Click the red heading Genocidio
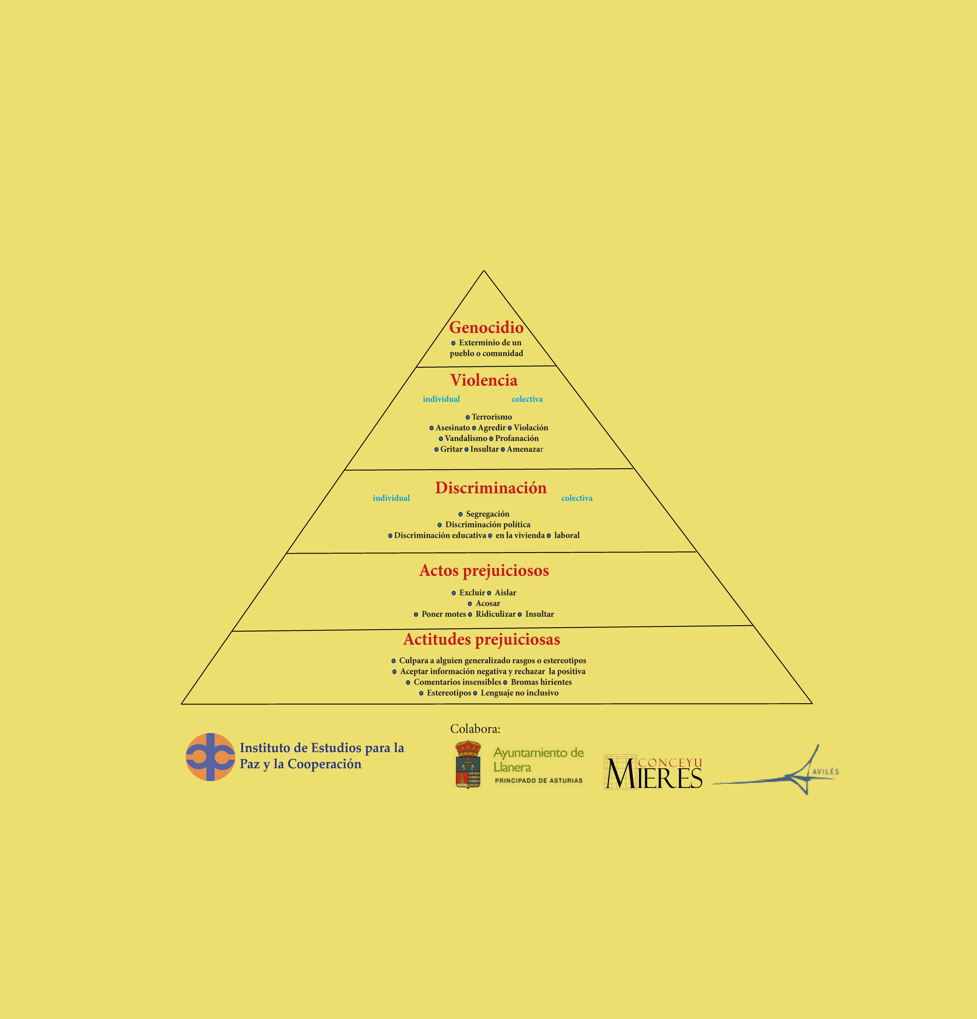point(486,328)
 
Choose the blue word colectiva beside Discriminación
point(576,498)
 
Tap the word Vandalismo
point(466,438)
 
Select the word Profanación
point(517,438)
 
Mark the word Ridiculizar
point(495,614)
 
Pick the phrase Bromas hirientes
point(541,682)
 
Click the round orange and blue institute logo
point(210,757)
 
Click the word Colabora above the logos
point(475,729)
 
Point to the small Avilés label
point(826,771)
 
